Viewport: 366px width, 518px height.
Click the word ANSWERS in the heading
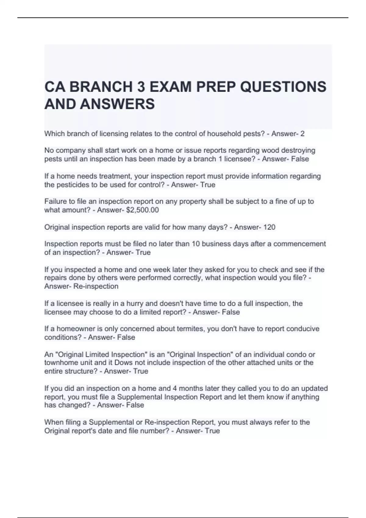coord(117,104)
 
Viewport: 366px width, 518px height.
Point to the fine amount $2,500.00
coord(142,210)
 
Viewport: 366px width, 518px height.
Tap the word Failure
coord(55,201)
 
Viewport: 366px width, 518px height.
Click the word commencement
coord(300,244)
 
